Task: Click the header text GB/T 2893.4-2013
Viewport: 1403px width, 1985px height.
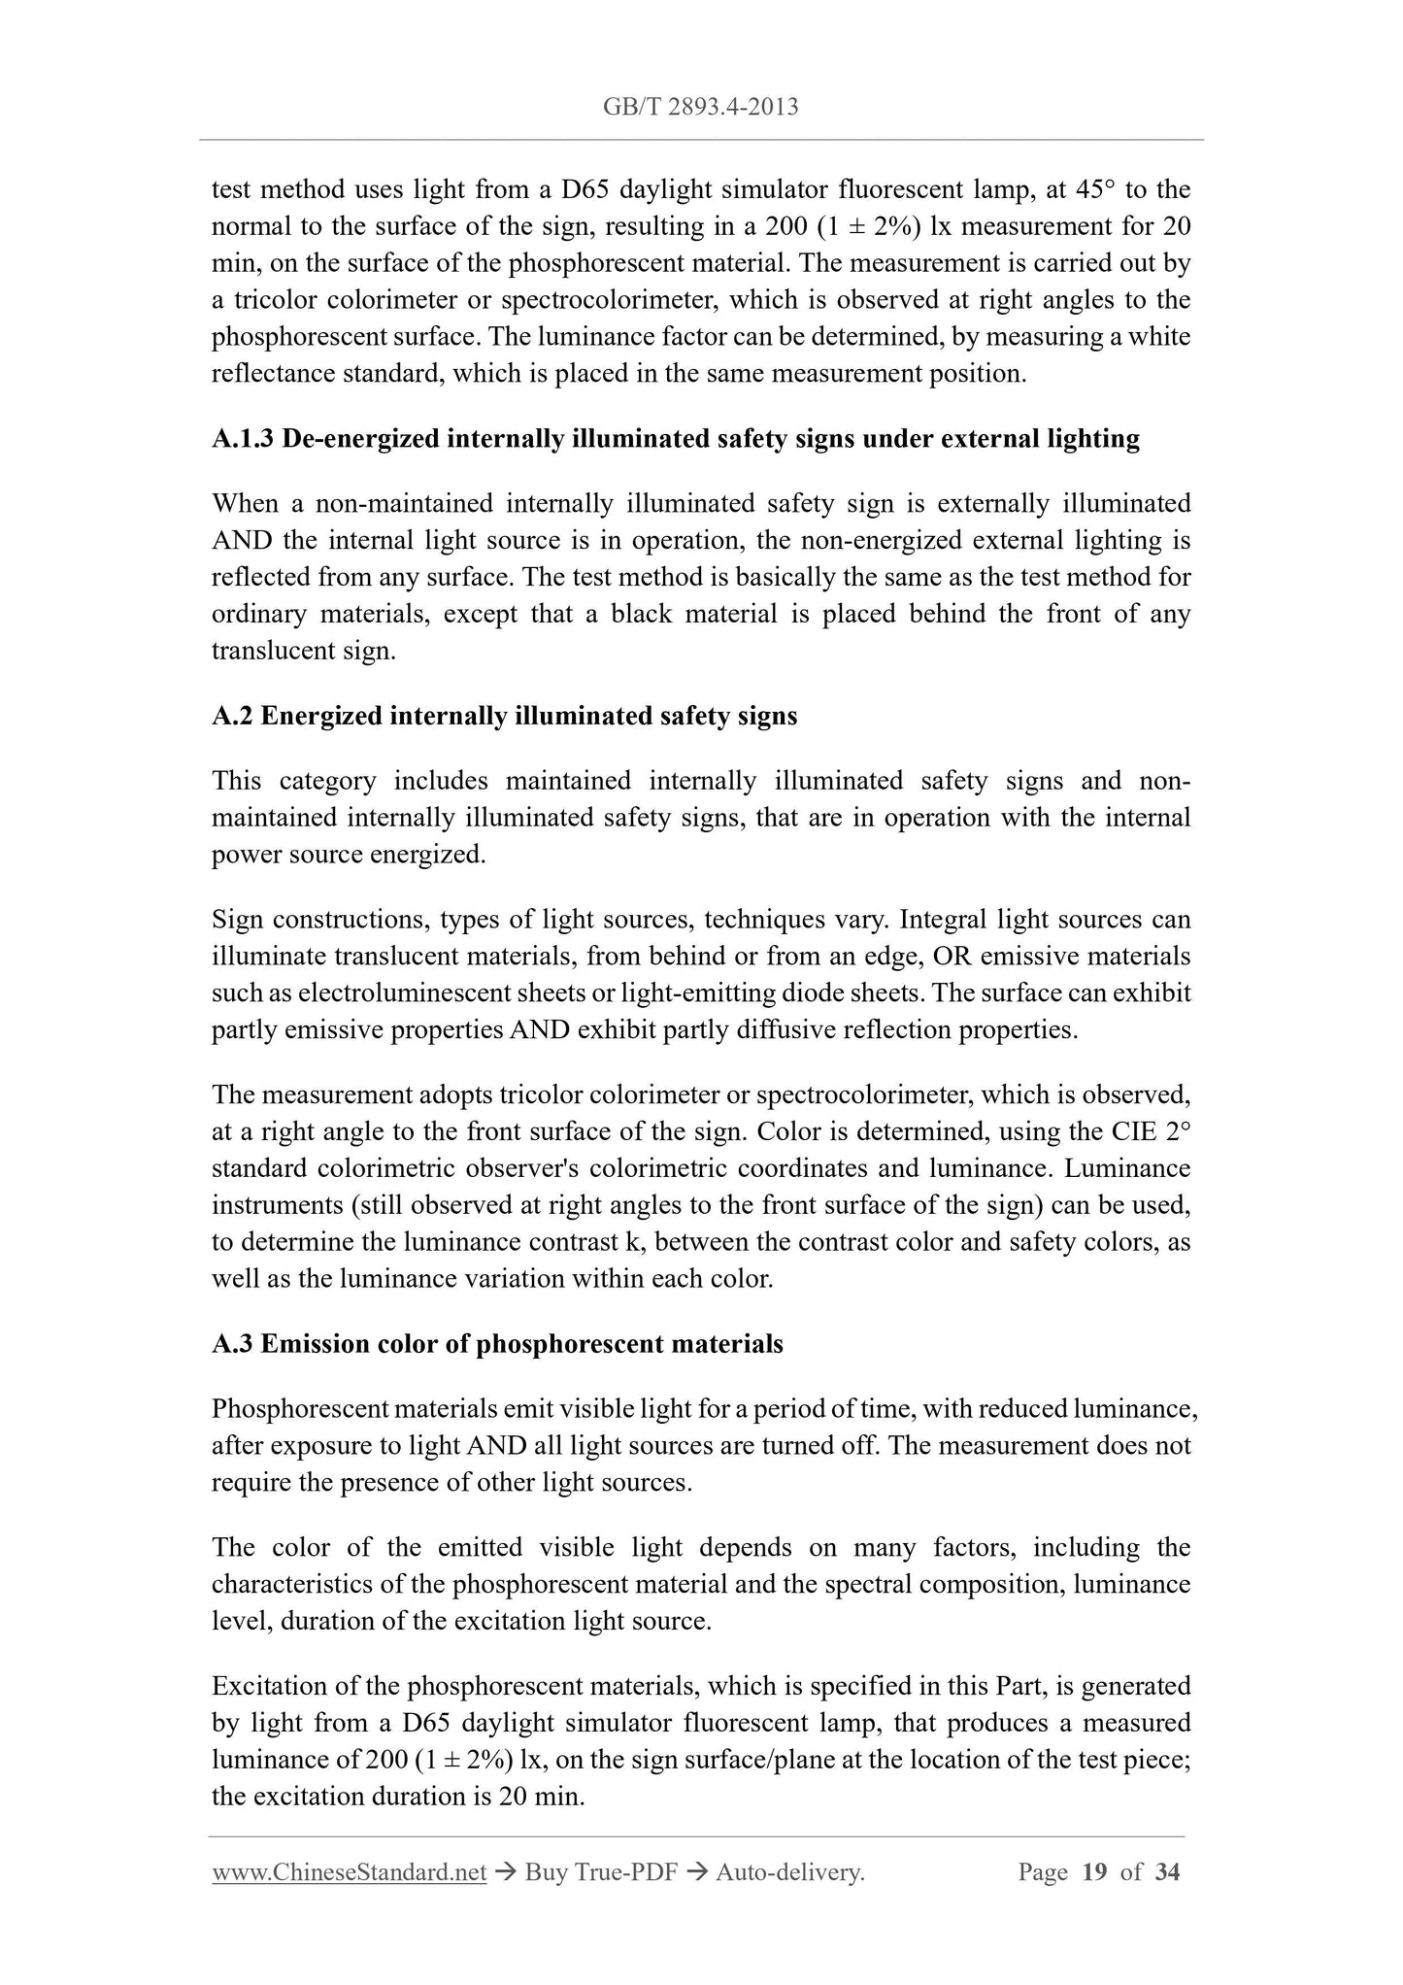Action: click(x=701, y=107)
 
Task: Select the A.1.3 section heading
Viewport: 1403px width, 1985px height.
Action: click(x=675, y=439)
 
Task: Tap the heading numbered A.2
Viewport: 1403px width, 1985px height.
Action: click(x=504, y=716)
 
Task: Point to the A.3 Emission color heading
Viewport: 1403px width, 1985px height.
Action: click(x=497, y=1344)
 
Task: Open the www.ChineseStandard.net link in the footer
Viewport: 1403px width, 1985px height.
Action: click(x=349, y=1872)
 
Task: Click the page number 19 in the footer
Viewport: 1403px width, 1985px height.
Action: click(x=1094, y=1872)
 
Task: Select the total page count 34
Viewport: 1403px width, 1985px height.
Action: click(x=1167, y=1872)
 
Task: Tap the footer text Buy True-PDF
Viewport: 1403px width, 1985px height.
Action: click(x=601, y=1872)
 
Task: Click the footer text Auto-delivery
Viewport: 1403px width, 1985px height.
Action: click(x=789, y=1872)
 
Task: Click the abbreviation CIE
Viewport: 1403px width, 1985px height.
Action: click(x=1131, y=1132)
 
